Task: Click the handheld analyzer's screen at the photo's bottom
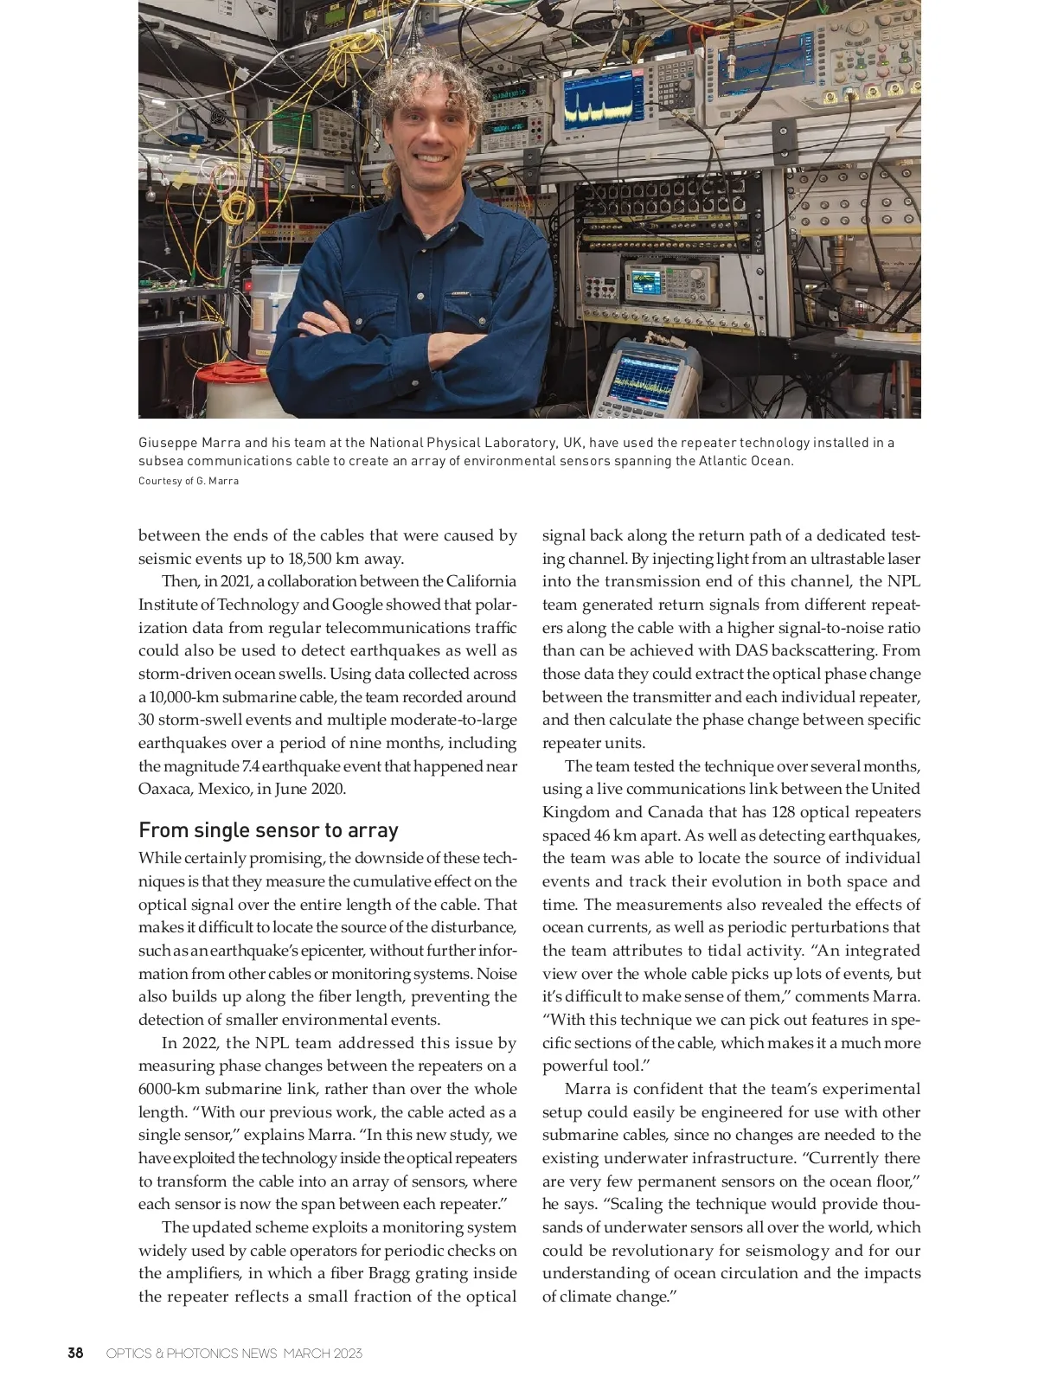click(x=641, y=380)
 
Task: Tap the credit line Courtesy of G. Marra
click(x=189, y=481)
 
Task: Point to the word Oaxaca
click(x=165, y=789)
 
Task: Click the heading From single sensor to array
click(x=268, y=830)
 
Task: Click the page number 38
click(x=76, y=1353)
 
